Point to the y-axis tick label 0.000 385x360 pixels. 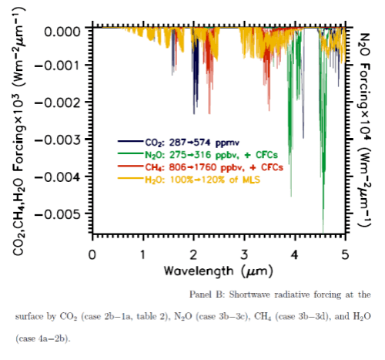click(x=63, y=31)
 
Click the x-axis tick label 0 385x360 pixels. click(x=92, y=254)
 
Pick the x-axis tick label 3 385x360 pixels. click(x=244, y=254)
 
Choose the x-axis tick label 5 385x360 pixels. click(x=345, y=254)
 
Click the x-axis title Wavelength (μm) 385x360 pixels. click(x=218, y=272)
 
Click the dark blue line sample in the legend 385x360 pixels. click(x=128, y=142)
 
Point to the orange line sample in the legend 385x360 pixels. click(x=128, y=179)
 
